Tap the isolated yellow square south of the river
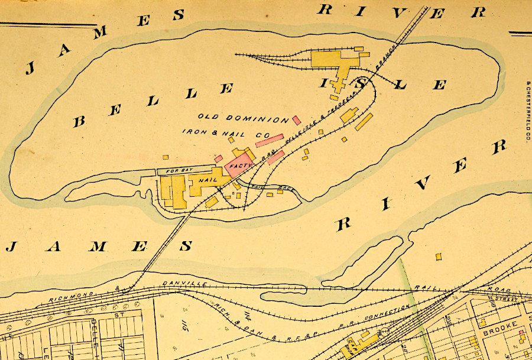tap(439, 257)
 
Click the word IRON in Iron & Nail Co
tap(195, 132)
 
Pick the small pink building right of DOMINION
tap(296, 120)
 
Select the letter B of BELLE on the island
tap(79, 121)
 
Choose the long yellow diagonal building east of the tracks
tap(364, 122)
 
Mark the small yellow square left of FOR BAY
tap(166, 157)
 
